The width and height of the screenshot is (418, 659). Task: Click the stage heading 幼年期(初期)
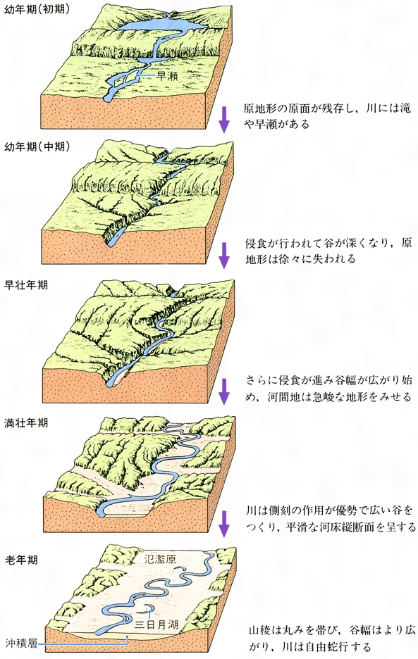37,9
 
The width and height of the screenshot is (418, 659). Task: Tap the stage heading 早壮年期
26,285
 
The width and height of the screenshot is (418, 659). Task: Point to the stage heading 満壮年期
26,422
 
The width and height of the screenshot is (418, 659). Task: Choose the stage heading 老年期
21,560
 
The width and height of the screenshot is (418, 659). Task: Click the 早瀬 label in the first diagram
166,76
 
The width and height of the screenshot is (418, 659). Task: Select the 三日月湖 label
157,624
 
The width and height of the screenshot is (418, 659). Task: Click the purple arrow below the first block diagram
224,120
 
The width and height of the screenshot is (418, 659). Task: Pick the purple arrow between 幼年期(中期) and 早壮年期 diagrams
224,256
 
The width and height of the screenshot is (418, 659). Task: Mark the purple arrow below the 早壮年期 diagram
224,391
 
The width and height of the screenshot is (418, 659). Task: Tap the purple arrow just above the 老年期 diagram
224,524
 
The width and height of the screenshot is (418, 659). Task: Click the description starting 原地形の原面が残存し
327,115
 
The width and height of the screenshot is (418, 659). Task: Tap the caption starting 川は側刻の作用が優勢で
331,519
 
